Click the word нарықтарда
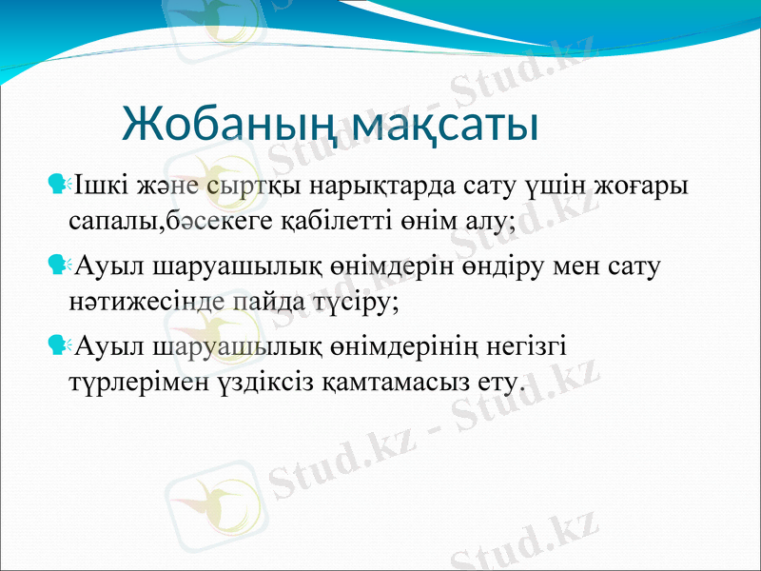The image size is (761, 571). point(349,181)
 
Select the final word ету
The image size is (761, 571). point(499,384)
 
